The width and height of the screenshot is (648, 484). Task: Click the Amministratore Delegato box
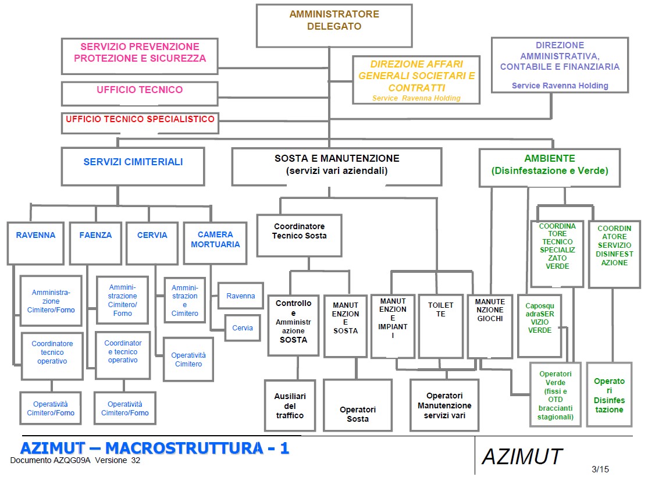pos(334,26)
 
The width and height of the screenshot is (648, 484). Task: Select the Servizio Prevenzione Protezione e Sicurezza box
pos(140,56)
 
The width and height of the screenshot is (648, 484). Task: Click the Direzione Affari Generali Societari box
pos(416,80)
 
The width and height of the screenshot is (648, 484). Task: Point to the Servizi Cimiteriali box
pos(133,166)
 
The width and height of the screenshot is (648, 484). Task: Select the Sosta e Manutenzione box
pos(337,167)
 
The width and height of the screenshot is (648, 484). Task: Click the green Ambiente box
pos(549,167)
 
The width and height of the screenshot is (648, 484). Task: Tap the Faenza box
pos(95,243)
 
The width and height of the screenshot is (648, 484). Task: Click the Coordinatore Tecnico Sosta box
pos(299,235)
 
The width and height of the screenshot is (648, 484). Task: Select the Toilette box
pos(440,326)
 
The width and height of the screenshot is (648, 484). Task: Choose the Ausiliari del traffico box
pos(290,406)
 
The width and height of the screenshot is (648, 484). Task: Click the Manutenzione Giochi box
pos(489,326)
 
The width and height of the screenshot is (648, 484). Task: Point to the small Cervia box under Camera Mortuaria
pos(243,328)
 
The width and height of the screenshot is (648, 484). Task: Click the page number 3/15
pos(600,469)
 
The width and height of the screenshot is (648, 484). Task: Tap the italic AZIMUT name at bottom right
pos(522,457)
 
